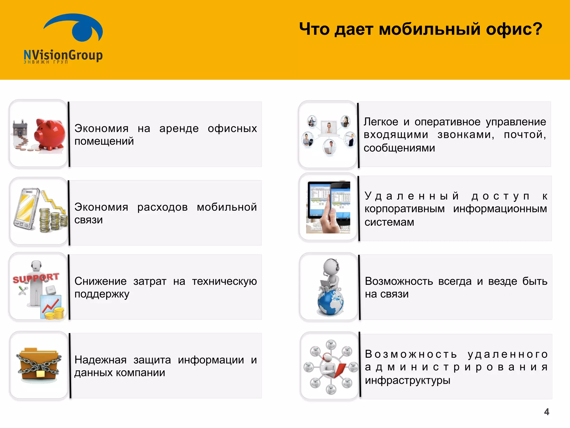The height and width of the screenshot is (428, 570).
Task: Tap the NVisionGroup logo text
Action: point(63,55)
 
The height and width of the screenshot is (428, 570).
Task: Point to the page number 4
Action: point(547,412)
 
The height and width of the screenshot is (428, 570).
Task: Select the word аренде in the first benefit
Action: point(179,128)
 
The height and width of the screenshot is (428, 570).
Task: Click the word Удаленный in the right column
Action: point(411,196)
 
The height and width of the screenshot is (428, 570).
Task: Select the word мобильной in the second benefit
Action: point(227,207)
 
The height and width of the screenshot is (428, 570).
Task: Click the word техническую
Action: point(224,281)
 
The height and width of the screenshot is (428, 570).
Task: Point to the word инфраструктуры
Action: point(407,380)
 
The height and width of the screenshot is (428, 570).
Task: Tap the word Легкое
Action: point(381,122)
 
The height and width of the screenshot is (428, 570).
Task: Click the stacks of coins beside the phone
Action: point(53,220)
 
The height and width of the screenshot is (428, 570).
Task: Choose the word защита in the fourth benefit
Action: point(152,360)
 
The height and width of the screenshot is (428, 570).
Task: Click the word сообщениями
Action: point(399,148)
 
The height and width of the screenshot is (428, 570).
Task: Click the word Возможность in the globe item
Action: point(399,281)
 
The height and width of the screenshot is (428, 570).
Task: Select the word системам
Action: point(389,222)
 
